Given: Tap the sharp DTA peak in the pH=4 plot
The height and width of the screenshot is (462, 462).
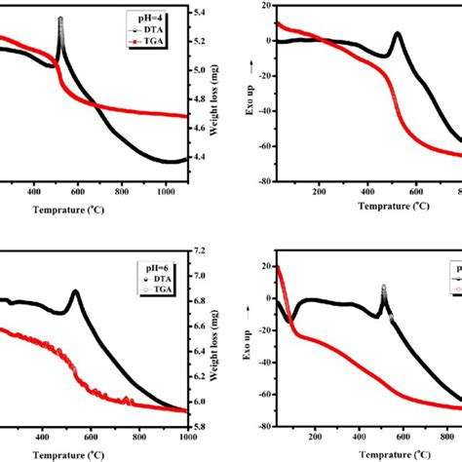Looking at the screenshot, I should (x=60, y=19).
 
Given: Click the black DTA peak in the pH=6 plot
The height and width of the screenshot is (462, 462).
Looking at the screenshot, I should (x=74, y=291).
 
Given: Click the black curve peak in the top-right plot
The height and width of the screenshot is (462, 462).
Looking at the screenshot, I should (x=398, y=34).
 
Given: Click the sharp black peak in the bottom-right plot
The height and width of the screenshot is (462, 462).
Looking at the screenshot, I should (x=383, y=288).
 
